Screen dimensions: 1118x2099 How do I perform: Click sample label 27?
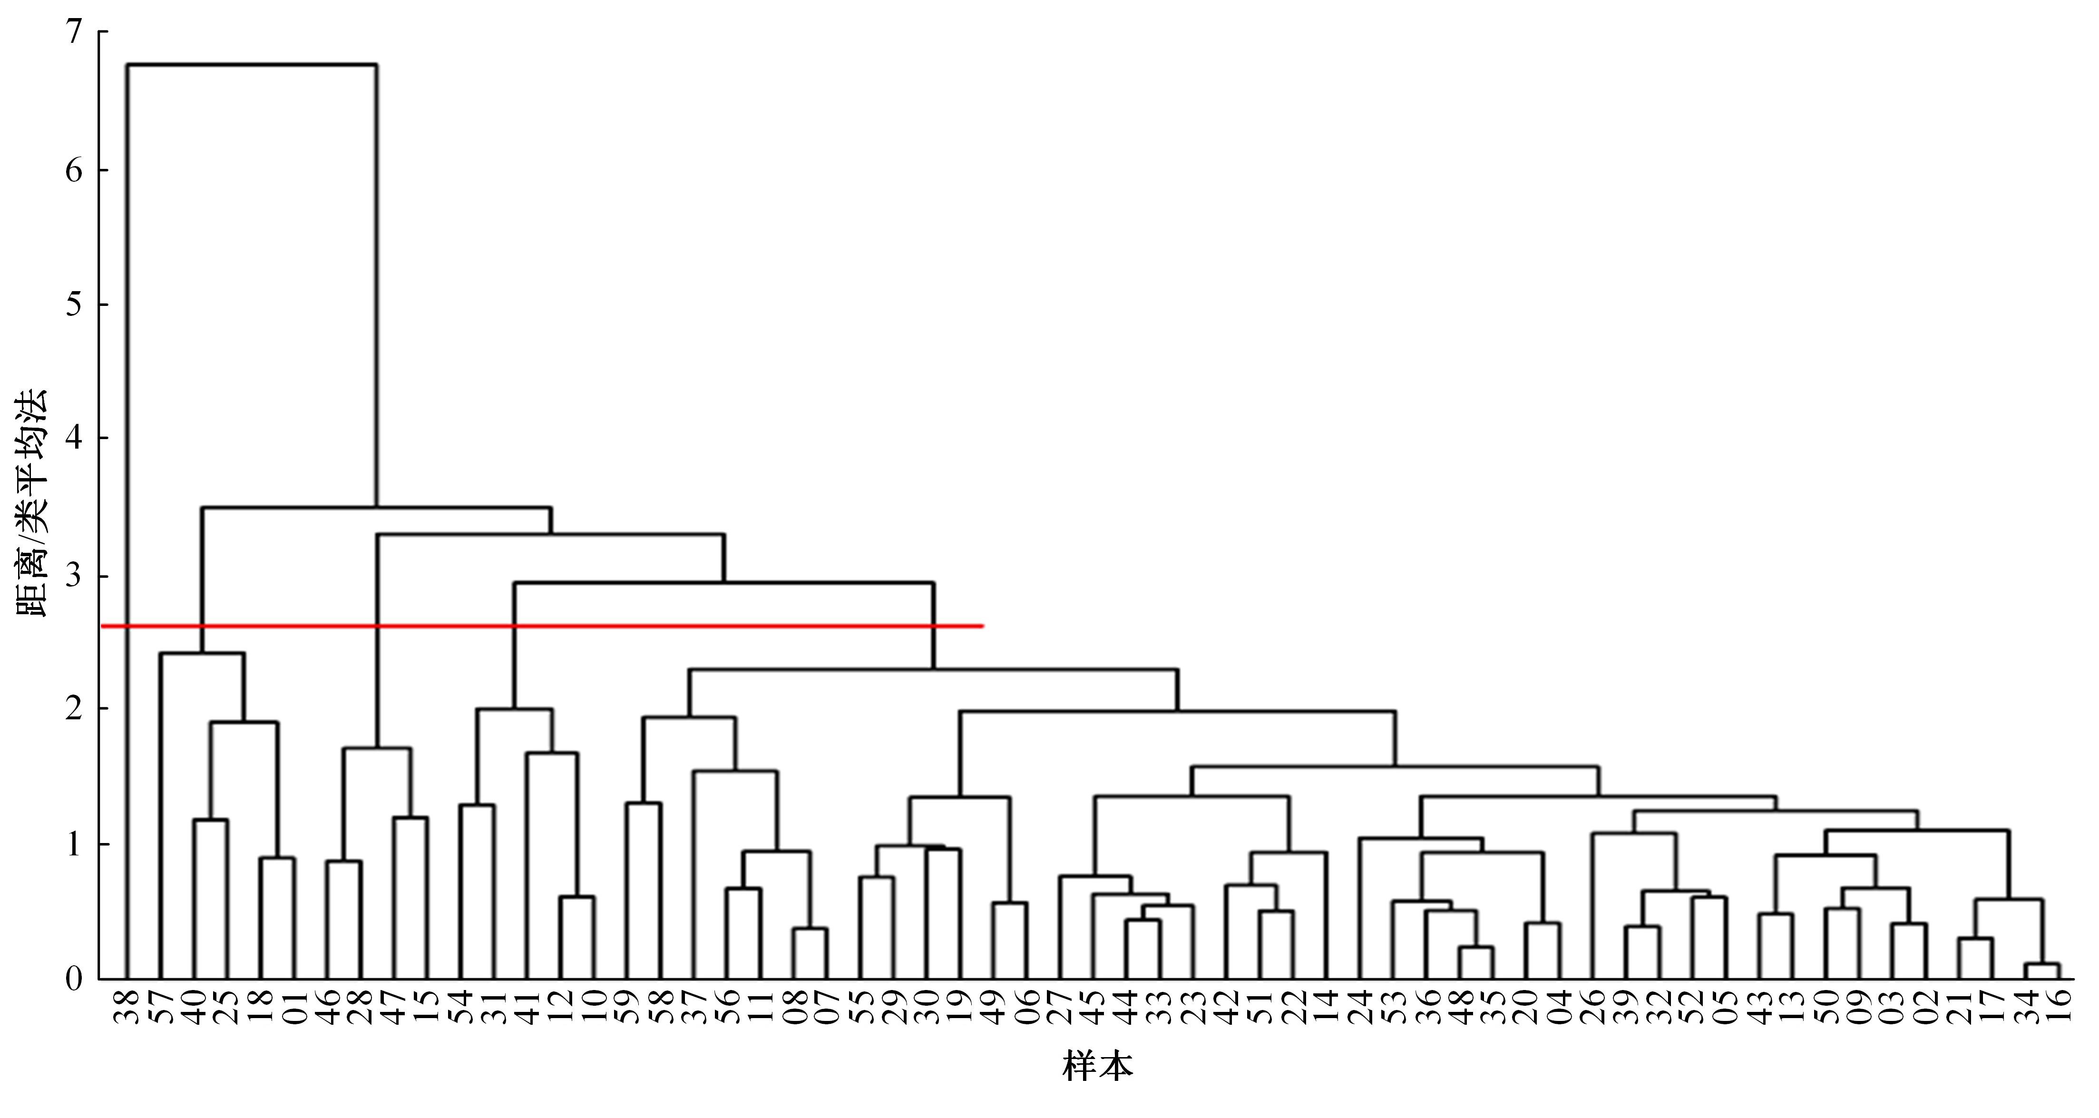(x=1059, y=1008)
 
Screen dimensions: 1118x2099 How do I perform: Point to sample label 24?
(x=1359, y=1008)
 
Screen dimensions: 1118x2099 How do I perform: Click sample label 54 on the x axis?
(x=460, y=1008)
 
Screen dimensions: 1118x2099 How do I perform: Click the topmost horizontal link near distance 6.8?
(x=252, y=64)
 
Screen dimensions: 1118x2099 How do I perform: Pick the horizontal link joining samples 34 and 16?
(x=2042, y=965)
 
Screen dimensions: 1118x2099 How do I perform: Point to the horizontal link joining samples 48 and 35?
(x=1475, y=948)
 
